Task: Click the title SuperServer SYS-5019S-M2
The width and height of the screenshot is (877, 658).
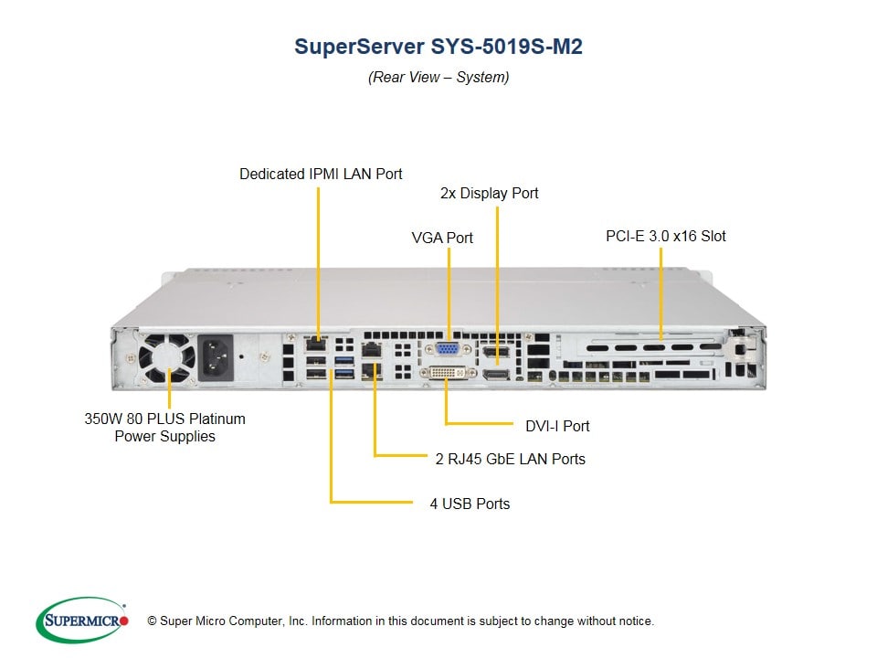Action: pyautogui.click(x=438, y=47)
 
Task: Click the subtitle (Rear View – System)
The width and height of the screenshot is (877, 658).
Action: pyautogui.click(x=438, y=78)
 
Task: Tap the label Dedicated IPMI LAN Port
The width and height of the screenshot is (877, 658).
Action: pyautogui.click(x=321, y=174)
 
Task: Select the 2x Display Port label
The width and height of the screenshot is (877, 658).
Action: pyautogui.click(x=489, y=194)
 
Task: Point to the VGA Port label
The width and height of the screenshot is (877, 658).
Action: pyautogui.click(x=442, y=238)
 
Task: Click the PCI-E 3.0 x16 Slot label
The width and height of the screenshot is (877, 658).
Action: pyautogui.click(x=665, y=236)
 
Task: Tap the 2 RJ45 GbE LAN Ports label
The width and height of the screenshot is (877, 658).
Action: pyautogui.click(x=510, y=459)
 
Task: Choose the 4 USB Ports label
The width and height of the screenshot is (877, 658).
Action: pyautogui.click(x=470, y=504)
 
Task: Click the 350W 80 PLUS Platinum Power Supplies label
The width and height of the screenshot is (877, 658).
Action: pyautogui.click(x=164, y=428)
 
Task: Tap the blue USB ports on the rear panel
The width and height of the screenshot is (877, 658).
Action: pyautogui.click(x=343, y=369)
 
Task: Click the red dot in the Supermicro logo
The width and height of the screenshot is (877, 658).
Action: pyautogui.click(x=124, y=620)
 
